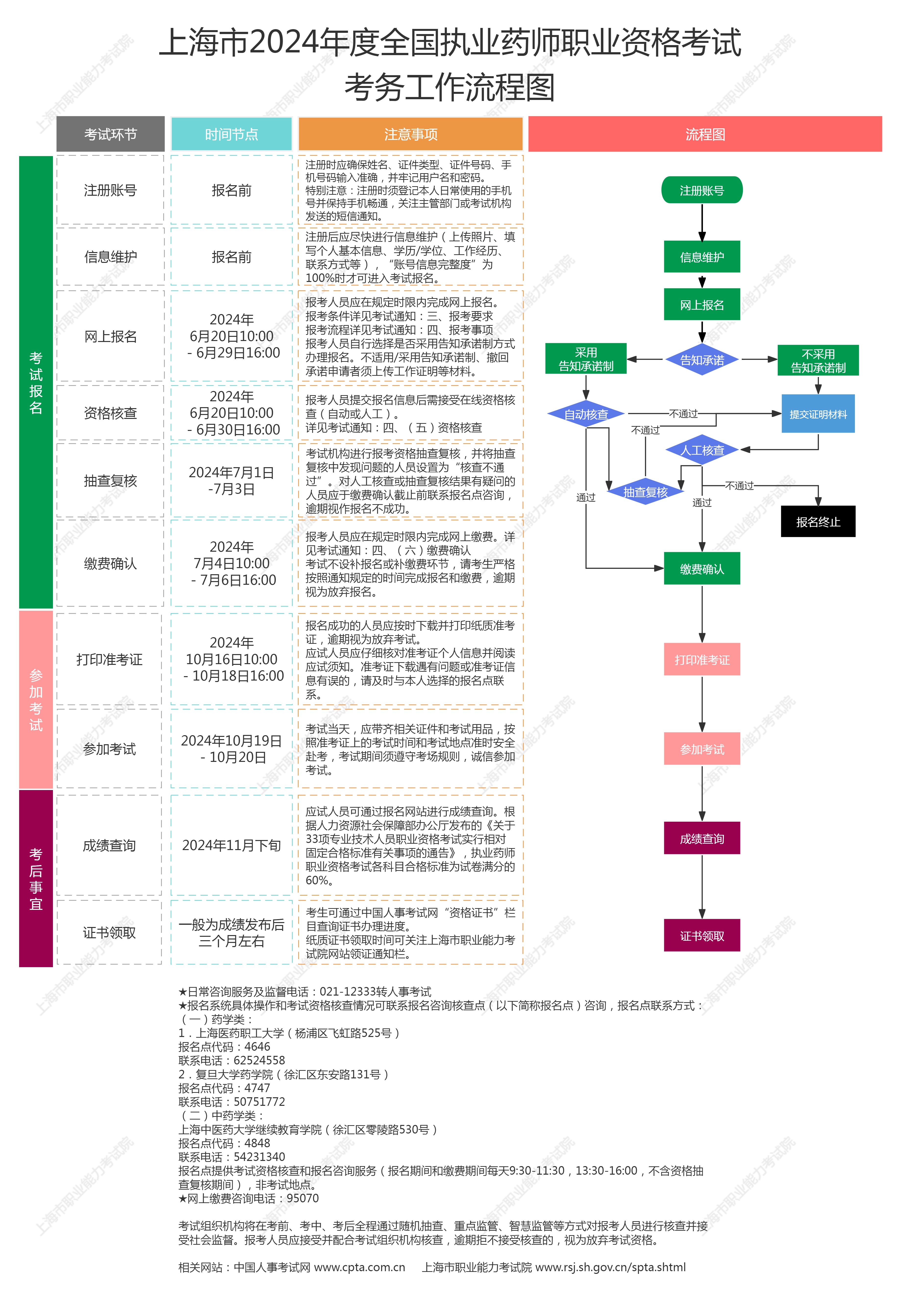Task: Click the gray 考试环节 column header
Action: point(110,134)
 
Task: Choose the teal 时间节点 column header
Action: point(231,134)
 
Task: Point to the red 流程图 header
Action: point(705,134)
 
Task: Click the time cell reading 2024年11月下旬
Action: point(231,845)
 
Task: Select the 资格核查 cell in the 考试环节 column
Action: point(110,413)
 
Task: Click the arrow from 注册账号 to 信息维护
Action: point(702,223)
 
